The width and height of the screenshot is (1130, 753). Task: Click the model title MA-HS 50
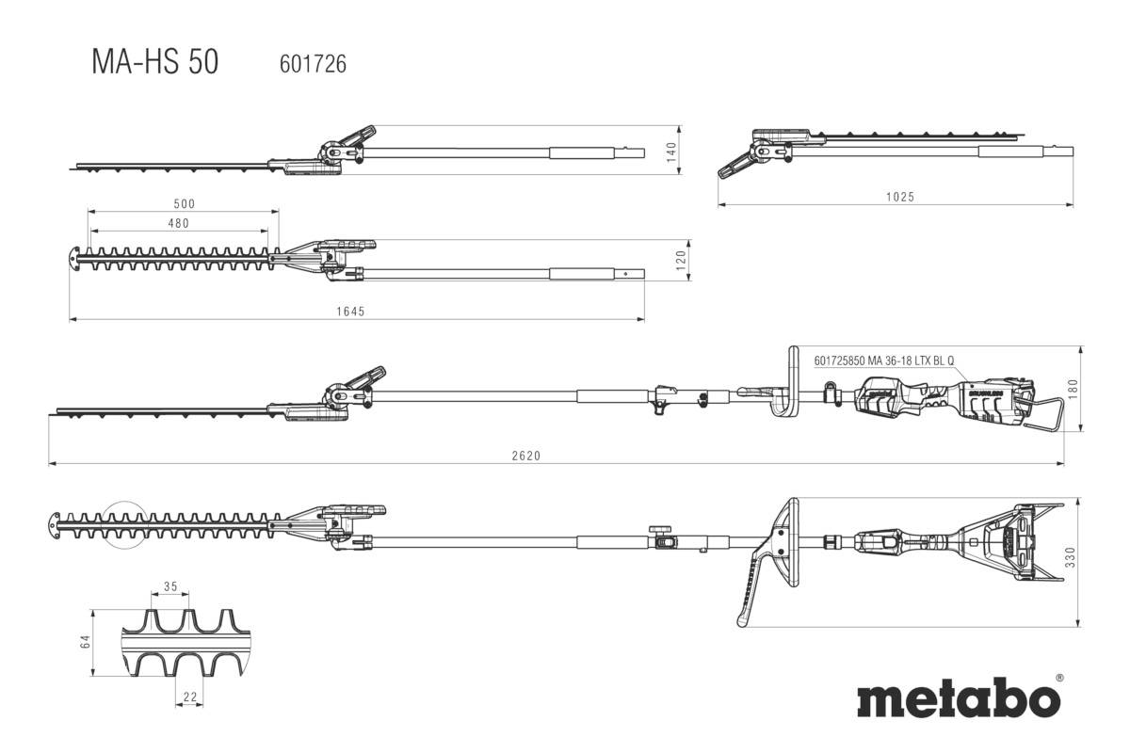pos(154,62)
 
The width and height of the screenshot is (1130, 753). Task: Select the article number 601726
pos(313,64)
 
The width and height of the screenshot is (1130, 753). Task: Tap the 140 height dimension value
pos(671,152)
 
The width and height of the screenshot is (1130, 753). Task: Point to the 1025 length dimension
pos(900,197)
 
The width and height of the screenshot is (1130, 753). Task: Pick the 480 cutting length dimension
pos(178,223)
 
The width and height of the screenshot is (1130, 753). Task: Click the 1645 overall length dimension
pos(351,311)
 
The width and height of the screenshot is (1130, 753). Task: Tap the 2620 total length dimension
pos(526,456)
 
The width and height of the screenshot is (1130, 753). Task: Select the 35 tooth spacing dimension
pos(170,586)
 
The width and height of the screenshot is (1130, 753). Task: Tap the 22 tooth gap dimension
pos(191,696)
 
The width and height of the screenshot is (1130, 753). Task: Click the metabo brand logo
pos(958,700)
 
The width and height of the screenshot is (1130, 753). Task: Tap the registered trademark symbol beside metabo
pos(1059,677)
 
